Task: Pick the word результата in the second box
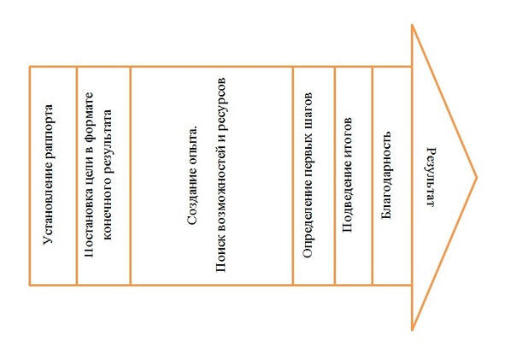coord(108,143)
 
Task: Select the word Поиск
coord(220,255)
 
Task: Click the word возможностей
coord(220,192)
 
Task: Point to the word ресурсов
coord(220,103)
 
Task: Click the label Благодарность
coord(386,175)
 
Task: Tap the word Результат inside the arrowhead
coord(431,177)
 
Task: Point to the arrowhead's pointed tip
coord(477,177)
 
